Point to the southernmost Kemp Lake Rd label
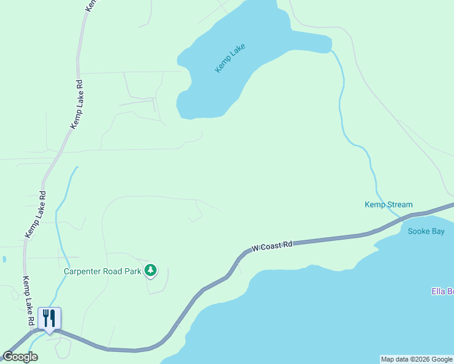(x=27, y=300)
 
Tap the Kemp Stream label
(x=388, y=205)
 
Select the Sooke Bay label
(x=426, y=231)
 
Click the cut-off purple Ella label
(x=443, y=292)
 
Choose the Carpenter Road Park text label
(x=103, y=271)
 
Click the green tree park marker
(x=150, y=270)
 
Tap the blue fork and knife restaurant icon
(x=49, y=318)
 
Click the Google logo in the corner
(x=20, y=357)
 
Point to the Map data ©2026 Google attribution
(x=416, y=359)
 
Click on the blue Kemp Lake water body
(x=243, y=36)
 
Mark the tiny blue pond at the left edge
(x=4, y=259)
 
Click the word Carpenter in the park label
(x=83, y=271)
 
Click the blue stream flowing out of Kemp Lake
(x=341, y=103)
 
